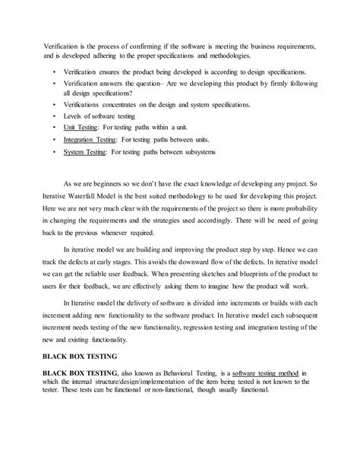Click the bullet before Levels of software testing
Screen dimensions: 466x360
pos(54,116)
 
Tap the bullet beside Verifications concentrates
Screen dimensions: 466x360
pos(54,103)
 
